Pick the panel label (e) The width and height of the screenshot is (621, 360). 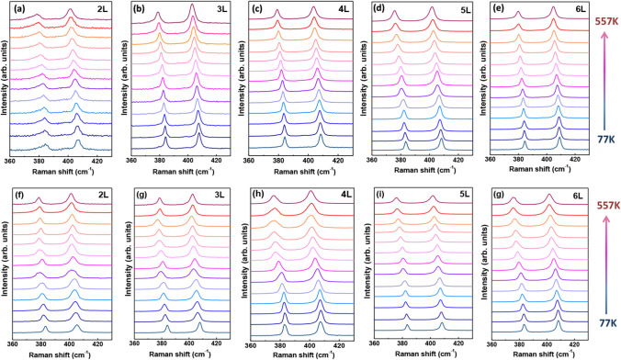(502, 11)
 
